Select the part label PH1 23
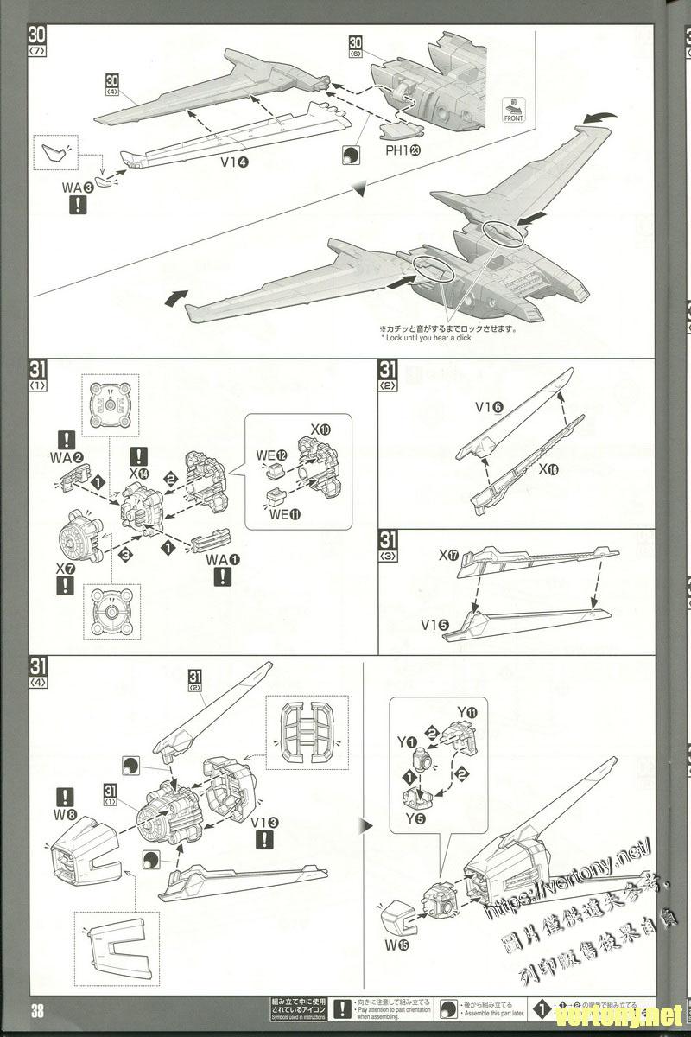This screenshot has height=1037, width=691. (x=403, y=148)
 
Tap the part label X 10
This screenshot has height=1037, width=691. (x=320, y=429)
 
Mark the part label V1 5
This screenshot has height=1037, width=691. (x=437, y=624)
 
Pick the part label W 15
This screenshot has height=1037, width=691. (x=399, y=945)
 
